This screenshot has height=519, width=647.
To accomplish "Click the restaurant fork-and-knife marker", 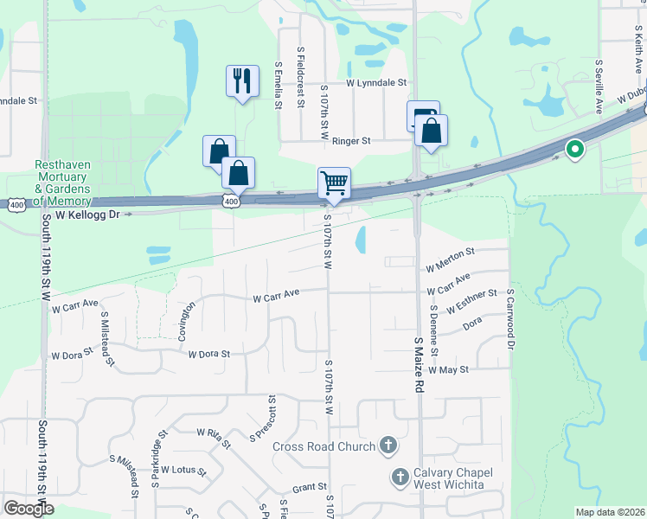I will [x=242, y=81].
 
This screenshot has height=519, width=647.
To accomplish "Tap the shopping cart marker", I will [x=334, y=183].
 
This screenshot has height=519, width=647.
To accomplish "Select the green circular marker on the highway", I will [x=574, y=150].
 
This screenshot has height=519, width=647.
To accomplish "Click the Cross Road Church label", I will [x=323, y=446].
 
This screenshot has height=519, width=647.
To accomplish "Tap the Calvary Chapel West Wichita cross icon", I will [x=400, y=476].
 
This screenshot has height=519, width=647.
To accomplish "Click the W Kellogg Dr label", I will [x=86, y=213].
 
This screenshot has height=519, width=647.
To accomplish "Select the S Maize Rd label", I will [x=417, y=363].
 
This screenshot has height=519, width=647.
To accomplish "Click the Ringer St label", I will [x=351, y=140].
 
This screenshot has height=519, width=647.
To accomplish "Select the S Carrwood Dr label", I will [x=510, y=319].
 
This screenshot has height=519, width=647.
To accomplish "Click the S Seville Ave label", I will [x=599, y=86].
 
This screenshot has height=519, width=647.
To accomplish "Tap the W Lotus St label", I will [x=183, y=471].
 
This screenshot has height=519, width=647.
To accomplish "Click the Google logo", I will [x=29, y=509].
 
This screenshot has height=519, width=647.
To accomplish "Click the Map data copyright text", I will [x=610, y=512].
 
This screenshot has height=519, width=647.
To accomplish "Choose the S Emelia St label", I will [x=279, y=84].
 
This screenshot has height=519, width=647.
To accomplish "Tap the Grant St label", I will [x=309, y=488].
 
